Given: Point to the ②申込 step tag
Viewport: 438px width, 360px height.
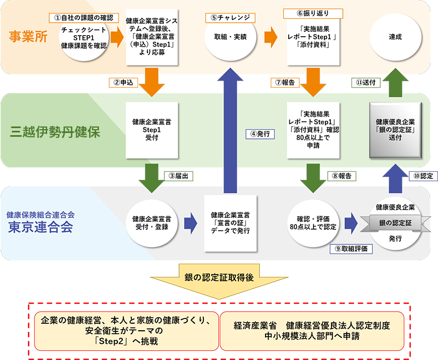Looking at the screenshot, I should pos(122,83).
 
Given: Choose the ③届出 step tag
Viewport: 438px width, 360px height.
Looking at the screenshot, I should pos(179,176).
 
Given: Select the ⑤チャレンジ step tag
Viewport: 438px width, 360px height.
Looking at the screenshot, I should pos(230,17).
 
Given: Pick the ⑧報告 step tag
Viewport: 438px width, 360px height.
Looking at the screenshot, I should pos(341,176).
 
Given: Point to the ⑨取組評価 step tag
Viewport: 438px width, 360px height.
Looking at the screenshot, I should pos(351,249).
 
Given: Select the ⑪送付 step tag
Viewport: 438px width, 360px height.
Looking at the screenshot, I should pos(366,82).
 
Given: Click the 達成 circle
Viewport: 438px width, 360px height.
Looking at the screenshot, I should pos(395,37).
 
